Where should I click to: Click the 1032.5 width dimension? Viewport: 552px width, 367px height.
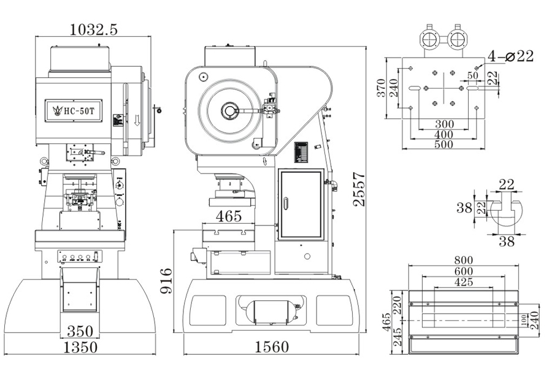point(93,28)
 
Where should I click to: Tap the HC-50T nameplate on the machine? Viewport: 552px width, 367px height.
point(72,110)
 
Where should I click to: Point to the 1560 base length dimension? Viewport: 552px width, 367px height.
point(271,347)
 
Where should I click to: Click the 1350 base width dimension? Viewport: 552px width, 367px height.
point(80,347)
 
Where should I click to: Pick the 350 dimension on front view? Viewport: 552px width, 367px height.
point(80,332)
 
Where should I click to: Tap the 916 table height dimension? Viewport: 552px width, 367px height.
point(165,279)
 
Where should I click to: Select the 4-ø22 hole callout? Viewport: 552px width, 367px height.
point(510,56)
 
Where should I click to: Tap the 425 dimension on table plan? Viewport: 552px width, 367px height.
point(464,282)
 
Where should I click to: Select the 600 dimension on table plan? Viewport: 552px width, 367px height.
point(464,271)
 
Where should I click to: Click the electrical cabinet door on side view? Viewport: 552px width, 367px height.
point(300,205)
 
